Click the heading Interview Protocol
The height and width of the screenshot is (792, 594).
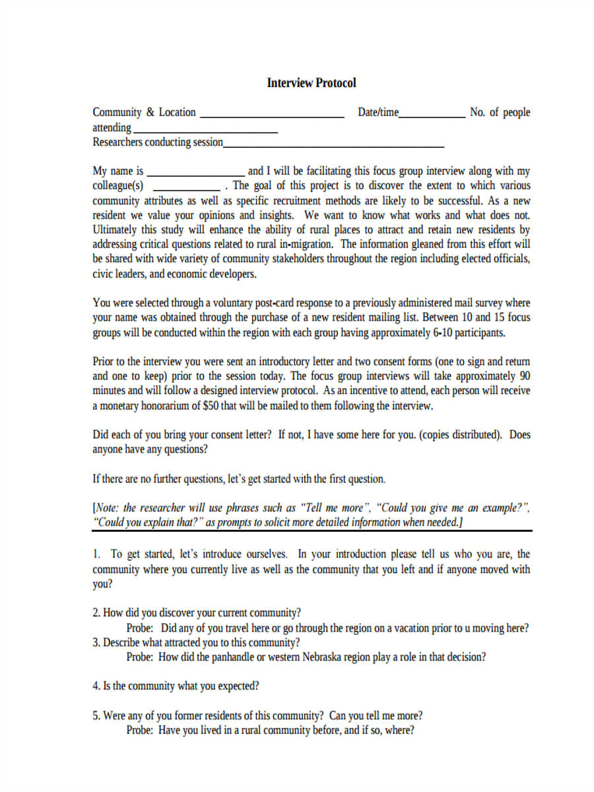point(312,83)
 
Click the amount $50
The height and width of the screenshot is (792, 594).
point(209,406)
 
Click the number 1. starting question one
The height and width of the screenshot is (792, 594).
point(96,554)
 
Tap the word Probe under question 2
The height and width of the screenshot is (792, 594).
point(140,628)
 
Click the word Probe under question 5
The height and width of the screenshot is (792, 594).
point(140,731)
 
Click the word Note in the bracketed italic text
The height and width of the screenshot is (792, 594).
point(107,508)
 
